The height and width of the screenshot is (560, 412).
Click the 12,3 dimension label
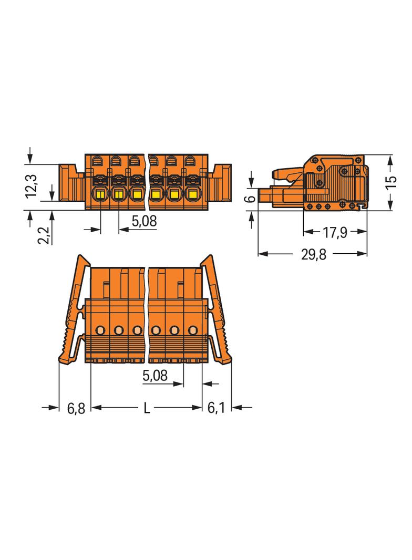tap(32, 186)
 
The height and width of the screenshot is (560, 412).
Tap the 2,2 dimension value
tap(44, 235)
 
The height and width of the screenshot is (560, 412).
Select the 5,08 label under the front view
tap(145, 221)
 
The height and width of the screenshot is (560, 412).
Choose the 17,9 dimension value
tap(335, 233)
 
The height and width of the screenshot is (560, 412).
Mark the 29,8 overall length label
tap(313, 254)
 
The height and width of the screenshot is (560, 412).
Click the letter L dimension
tap(147, 408)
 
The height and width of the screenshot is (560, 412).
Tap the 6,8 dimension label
tap(76, 408)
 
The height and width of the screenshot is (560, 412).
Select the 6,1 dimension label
tap(216, 408)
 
